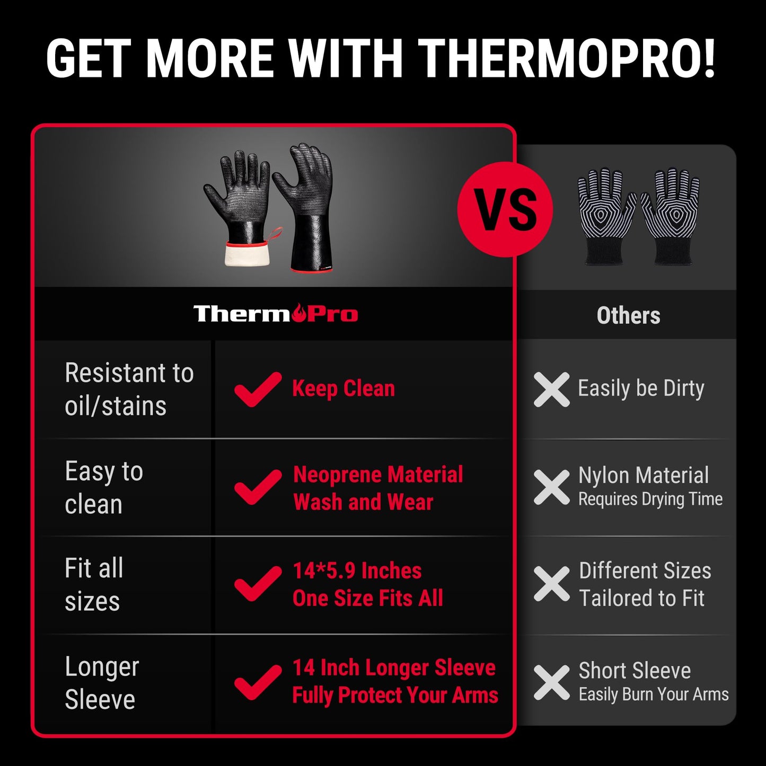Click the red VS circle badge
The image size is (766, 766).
tap(505, 209)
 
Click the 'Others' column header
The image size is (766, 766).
tap(628, 315)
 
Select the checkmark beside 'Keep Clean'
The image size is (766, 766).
tap(258, 389)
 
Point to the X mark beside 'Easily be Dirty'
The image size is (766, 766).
tap(551, 389)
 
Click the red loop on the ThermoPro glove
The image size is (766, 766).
tap(275, 233)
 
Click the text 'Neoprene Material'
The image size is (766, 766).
tap(378, 474)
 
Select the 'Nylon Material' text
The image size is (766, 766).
tap(643, 475)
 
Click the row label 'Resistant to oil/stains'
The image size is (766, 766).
tap(129, 389)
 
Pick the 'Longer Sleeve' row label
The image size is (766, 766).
tap(102, 683)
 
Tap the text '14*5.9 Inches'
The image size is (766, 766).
tap(357, 571)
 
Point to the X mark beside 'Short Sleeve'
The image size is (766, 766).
tap(551, 683)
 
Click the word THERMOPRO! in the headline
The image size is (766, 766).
tap(567, 58)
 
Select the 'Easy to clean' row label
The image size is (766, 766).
tap(104, 488)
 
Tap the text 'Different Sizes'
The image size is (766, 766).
tap(645, 571)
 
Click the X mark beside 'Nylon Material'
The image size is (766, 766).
tap(551, 487)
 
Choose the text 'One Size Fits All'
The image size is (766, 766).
tap(368, 598)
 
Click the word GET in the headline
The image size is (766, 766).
tap(88, 58)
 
